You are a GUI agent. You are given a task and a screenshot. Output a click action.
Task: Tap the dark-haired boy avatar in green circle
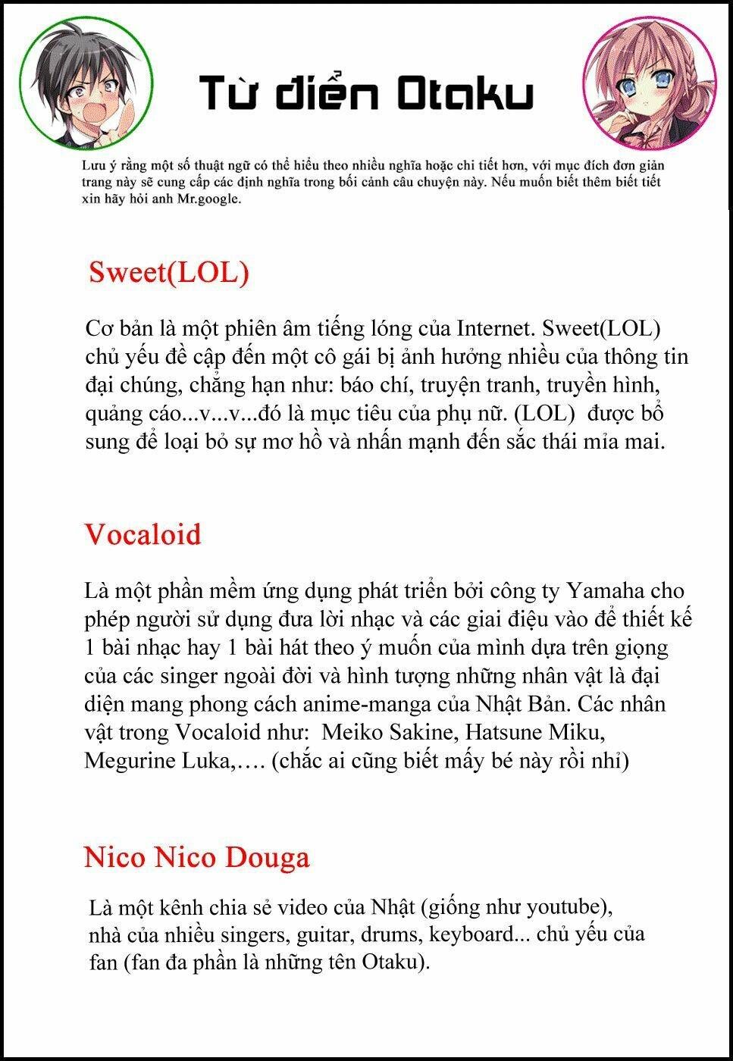click(86, 84)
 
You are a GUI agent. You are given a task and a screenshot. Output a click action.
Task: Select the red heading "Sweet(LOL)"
click(168, 272)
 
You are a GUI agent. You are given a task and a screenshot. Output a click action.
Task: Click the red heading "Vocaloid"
click(143, 534)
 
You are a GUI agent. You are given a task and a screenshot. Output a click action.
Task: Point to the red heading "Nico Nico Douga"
click(197, 857)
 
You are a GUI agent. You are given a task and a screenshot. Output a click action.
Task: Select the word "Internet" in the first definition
click(491, 329)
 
